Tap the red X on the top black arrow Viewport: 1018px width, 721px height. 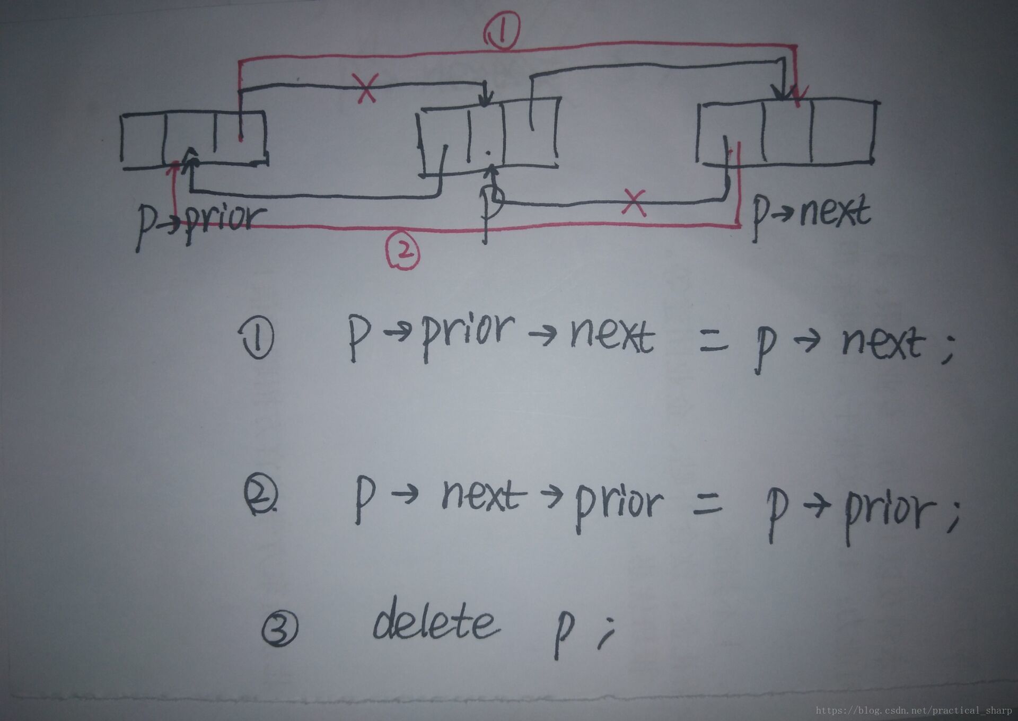[x=366, y=87]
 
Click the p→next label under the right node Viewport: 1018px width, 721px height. [x=811, y=215]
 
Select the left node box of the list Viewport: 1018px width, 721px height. [x=194, y=139]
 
